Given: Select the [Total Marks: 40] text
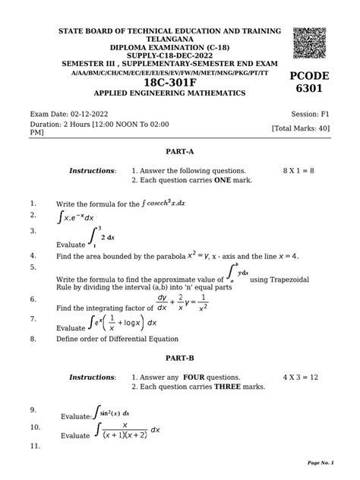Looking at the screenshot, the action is pyautogui.click(x=300, y=128).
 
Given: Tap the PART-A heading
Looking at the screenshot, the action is pyautogui.click(x=179, y=152).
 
